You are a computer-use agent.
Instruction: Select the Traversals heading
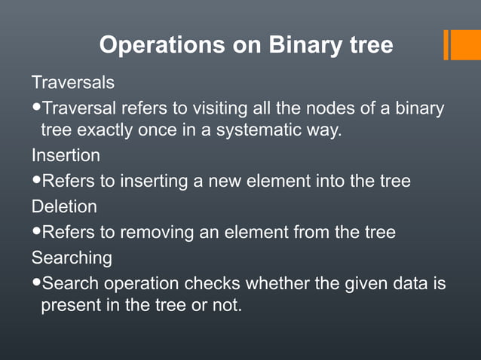(72, 81)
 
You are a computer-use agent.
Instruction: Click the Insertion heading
(66, 156)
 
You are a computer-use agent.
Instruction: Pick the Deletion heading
(64, 206)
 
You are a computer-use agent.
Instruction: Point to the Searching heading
(72, 258)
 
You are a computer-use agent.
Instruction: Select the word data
(412, 284)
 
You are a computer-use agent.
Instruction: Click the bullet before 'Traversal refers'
(37, 108)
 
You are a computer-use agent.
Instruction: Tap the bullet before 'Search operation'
(37, 284)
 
